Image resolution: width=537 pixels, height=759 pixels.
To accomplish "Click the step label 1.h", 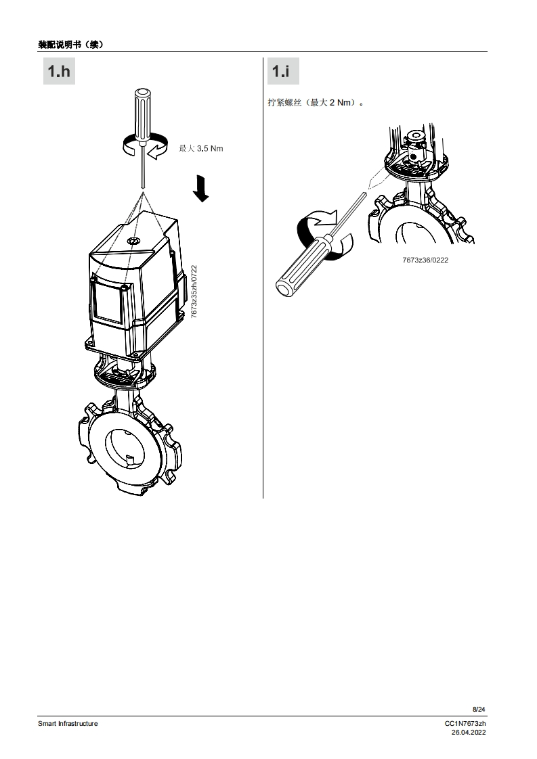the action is click(59, 71).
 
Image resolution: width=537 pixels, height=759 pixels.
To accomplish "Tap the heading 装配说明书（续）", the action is click(70, 45).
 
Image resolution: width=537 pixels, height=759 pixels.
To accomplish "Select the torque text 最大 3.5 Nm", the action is click(200, 149).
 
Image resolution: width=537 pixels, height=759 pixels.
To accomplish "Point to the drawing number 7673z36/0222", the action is click(425, 260).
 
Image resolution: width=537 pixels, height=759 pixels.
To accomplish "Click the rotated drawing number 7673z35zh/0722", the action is click(194, 292).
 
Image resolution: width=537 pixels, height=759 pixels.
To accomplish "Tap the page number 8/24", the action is click(479, 709).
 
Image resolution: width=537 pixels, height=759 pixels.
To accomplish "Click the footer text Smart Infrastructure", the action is click(68, 723).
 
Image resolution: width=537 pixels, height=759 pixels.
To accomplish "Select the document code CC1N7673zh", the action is click(465, 724).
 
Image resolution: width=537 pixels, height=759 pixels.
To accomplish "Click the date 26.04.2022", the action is click(469, 733).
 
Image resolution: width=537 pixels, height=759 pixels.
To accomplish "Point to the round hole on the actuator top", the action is click(133, 241).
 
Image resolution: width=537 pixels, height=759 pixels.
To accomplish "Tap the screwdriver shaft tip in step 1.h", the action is click(143, 187).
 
